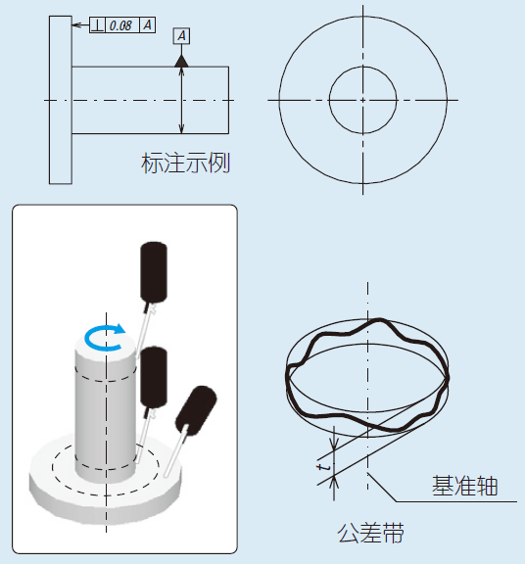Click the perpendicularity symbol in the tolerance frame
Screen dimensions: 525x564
click(97, 25)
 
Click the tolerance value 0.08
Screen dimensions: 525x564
click(120, 25)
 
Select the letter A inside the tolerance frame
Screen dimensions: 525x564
click(148, 25)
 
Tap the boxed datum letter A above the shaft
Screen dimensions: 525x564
click(182, 35)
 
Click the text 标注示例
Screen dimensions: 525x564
click(185, 163)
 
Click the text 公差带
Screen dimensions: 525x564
click(370, 533)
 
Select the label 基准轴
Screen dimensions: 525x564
click(464, 486)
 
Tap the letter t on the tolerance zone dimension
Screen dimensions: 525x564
click(324, 467)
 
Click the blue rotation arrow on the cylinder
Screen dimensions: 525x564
click(105, 338)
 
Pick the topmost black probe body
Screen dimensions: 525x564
click(154, 271)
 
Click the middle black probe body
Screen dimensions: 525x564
click(154, 377)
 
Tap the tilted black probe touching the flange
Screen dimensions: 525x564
click(196, 409)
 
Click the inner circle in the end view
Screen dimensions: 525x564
click(362, 67)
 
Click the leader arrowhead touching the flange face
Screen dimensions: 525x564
click(75, 25)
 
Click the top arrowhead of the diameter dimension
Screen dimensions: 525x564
click(182, 71)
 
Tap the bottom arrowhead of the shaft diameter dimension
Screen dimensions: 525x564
click(182, 129)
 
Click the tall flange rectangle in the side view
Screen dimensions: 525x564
click(61, 100)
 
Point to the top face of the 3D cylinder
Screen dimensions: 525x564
click(106, 345)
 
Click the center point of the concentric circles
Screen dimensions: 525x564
click(362, 100)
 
